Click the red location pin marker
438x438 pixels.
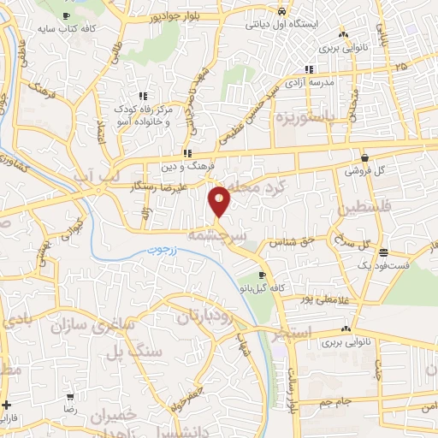click(x=220, y=201)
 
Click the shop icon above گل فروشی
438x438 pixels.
click(x=366, y=158)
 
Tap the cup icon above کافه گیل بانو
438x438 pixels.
click(x=262, y=275)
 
